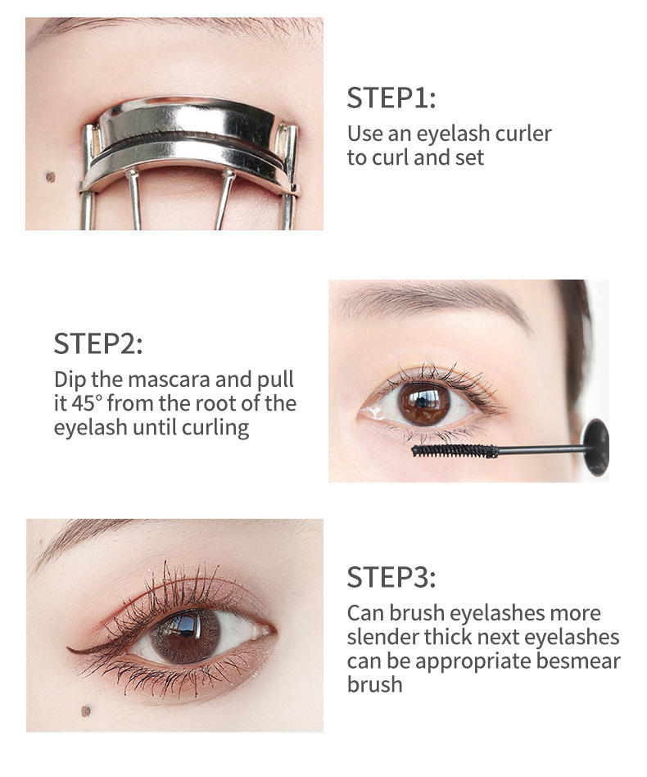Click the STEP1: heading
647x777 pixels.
tap(391, 98)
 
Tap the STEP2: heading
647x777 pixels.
tap(98, 343)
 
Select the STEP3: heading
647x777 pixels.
tap(391, 577)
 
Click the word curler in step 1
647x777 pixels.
tap(523, 134)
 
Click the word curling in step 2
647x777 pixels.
tap(215, 428)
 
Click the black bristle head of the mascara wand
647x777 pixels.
tap(455, 451)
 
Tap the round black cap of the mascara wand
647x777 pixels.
tap(595, 447)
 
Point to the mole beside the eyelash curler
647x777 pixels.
tap(50, 177)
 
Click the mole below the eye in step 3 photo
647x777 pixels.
tap(86, 711)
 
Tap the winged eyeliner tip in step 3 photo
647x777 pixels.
tap(69, 650)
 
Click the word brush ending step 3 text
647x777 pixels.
tap(375, 685)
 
